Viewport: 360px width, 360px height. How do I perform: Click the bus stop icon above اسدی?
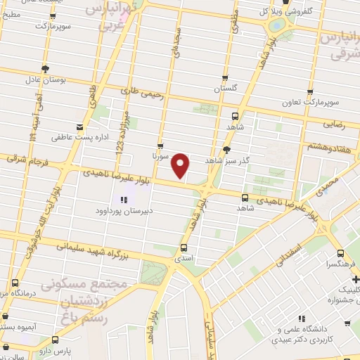click(184, 247)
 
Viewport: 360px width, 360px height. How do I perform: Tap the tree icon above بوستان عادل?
click(46, 68)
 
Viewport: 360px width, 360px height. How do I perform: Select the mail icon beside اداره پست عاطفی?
click(80, 128)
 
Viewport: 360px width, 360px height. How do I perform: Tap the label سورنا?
click(160, 156)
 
